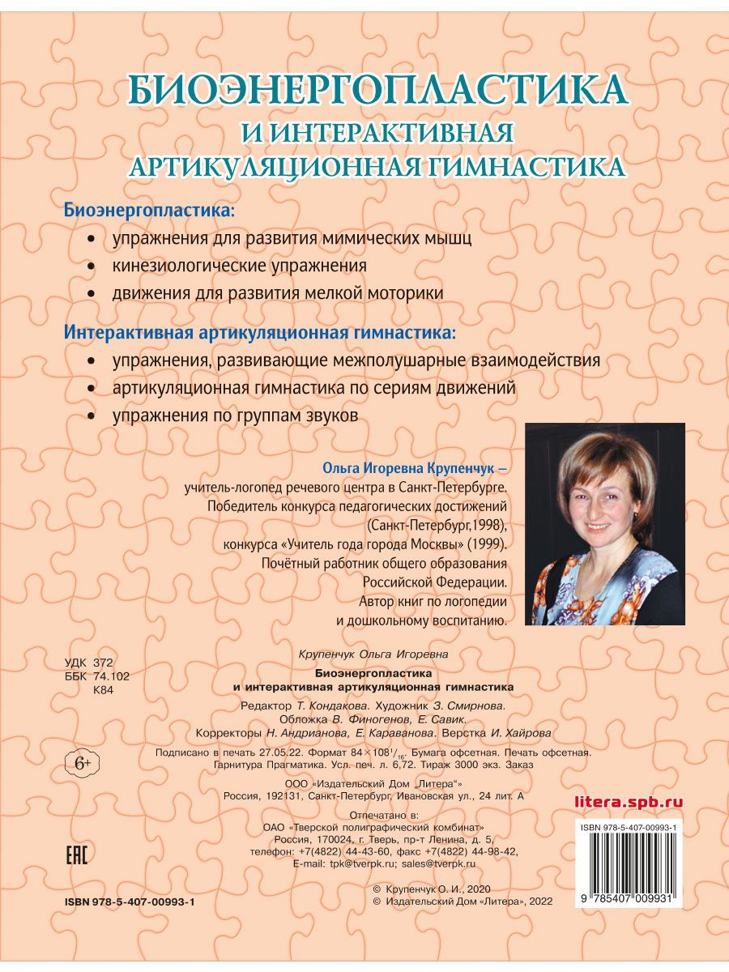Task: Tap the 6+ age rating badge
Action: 83,762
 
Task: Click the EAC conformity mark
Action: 75,856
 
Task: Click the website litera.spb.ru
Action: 628,802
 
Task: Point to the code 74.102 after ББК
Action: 112,676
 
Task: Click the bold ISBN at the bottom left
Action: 130,902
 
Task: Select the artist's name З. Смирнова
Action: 469,706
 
